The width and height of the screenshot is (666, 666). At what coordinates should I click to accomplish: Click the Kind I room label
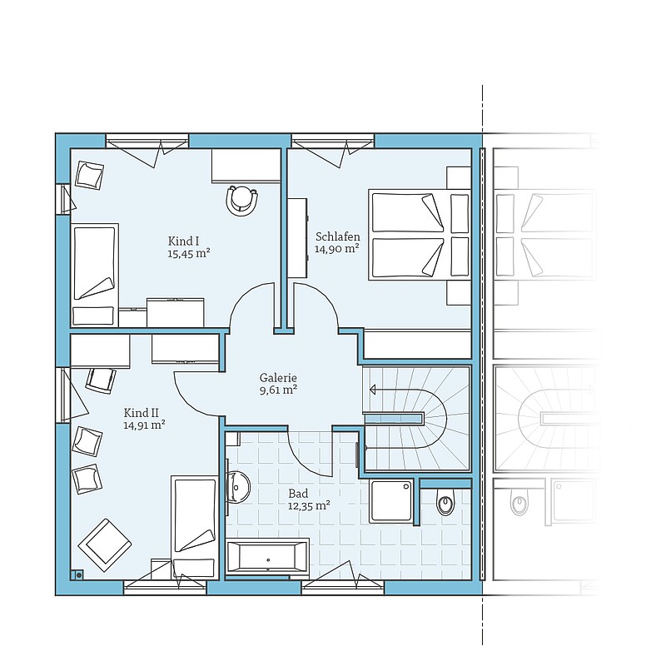[x=183, y=241]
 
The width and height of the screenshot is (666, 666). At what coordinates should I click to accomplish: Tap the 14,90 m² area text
[x=337, y=249]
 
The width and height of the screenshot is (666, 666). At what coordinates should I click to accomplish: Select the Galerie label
[x=278, y=378]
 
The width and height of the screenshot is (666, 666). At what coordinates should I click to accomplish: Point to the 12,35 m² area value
[x=309, y=506]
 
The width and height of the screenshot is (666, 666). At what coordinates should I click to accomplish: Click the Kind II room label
[x=142, y=413]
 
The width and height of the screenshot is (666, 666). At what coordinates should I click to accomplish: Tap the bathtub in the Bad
[x=267, y=556]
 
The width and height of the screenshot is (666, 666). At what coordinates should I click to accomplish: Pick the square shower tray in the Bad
[x=390, y=501]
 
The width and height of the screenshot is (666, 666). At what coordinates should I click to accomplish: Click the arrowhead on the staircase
[x=372, y=389]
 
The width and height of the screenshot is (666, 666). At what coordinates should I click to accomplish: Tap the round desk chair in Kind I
[x=242, y=201]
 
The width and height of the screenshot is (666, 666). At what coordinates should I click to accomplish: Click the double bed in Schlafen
[x=420, y=235]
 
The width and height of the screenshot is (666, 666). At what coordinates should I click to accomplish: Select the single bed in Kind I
[x=94, y=276]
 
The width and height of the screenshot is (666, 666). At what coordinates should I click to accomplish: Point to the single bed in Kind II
[x=195, y=528]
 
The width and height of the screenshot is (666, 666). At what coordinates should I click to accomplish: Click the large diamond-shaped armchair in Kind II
[x=105, y=545]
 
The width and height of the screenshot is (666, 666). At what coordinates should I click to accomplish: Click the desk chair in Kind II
[x=101, y=380]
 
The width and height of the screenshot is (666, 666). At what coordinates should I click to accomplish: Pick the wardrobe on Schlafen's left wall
[x=297, y=237]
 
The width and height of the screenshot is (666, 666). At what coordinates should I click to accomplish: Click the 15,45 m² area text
[x=189, y=254]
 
